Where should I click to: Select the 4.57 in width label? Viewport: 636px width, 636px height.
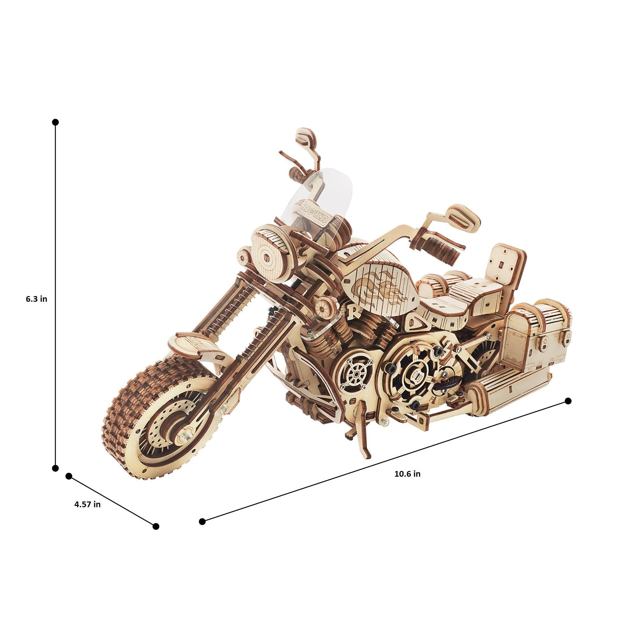coord(87,513)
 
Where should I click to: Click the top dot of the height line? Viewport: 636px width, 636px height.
coord(55,122)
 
